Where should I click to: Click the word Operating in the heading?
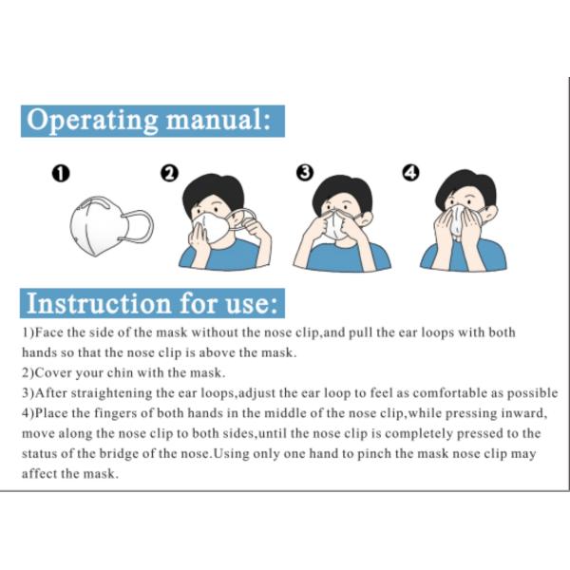[92, 121]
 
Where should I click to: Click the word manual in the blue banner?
[215, 120]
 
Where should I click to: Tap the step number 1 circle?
[61, 173]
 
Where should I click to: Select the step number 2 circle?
[169, 173]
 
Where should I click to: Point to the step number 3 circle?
[305, 172]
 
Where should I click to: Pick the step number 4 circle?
[410, 172]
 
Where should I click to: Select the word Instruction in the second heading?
[99, 304]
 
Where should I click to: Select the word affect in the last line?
[40, 474]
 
